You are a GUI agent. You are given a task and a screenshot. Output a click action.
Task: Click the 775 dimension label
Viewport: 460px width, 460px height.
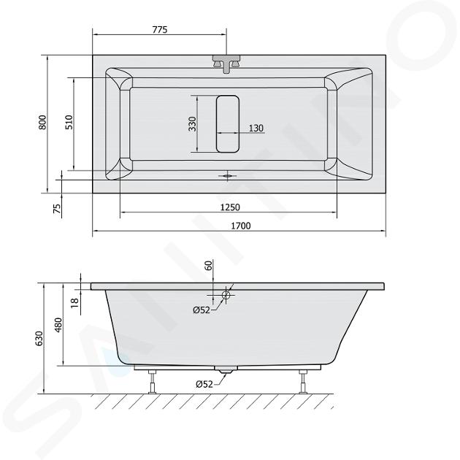(x=160, y=30)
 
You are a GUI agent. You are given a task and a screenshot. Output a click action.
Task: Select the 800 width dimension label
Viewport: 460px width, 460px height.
(x=42, y=123)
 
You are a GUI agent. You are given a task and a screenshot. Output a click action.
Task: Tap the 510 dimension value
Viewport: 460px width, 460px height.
(x=69, y=123)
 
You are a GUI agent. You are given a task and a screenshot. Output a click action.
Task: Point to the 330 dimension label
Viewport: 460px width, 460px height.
(x=192, y=124)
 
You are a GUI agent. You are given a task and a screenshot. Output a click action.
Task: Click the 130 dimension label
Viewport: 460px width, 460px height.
(x=256, y=129)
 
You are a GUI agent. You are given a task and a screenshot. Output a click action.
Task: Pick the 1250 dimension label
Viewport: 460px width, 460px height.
(x=230, y=207)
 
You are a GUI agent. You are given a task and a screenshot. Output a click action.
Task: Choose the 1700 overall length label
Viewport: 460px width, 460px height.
(x=241, y=226)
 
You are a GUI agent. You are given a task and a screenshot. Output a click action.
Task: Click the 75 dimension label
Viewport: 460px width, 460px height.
(x=58, y=208)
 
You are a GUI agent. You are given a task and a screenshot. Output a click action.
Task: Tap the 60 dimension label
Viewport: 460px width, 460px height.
(x=208, y=266)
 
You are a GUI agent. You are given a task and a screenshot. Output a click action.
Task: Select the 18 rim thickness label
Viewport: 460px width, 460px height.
(x=75, y=302)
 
